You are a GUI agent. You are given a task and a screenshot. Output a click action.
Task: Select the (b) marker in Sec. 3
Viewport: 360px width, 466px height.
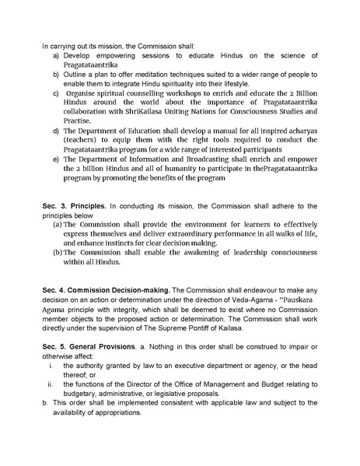pyautogui.click(x=58, y=253)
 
